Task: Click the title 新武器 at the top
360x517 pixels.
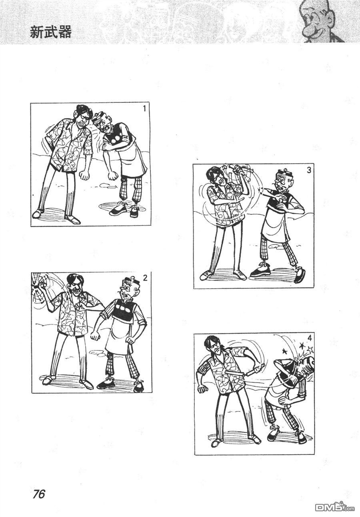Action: tap(50, 32)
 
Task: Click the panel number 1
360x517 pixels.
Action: tap(144, 108)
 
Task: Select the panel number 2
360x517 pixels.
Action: tap(145, 278)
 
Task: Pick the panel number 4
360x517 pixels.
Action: tap(310, 338)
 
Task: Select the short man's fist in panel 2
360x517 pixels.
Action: tap(95, 336)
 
